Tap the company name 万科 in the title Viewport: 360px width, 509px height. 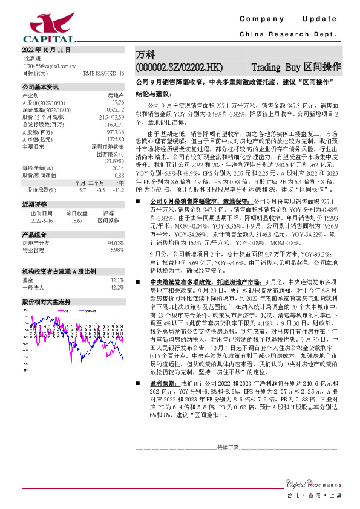click(145, 54)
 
